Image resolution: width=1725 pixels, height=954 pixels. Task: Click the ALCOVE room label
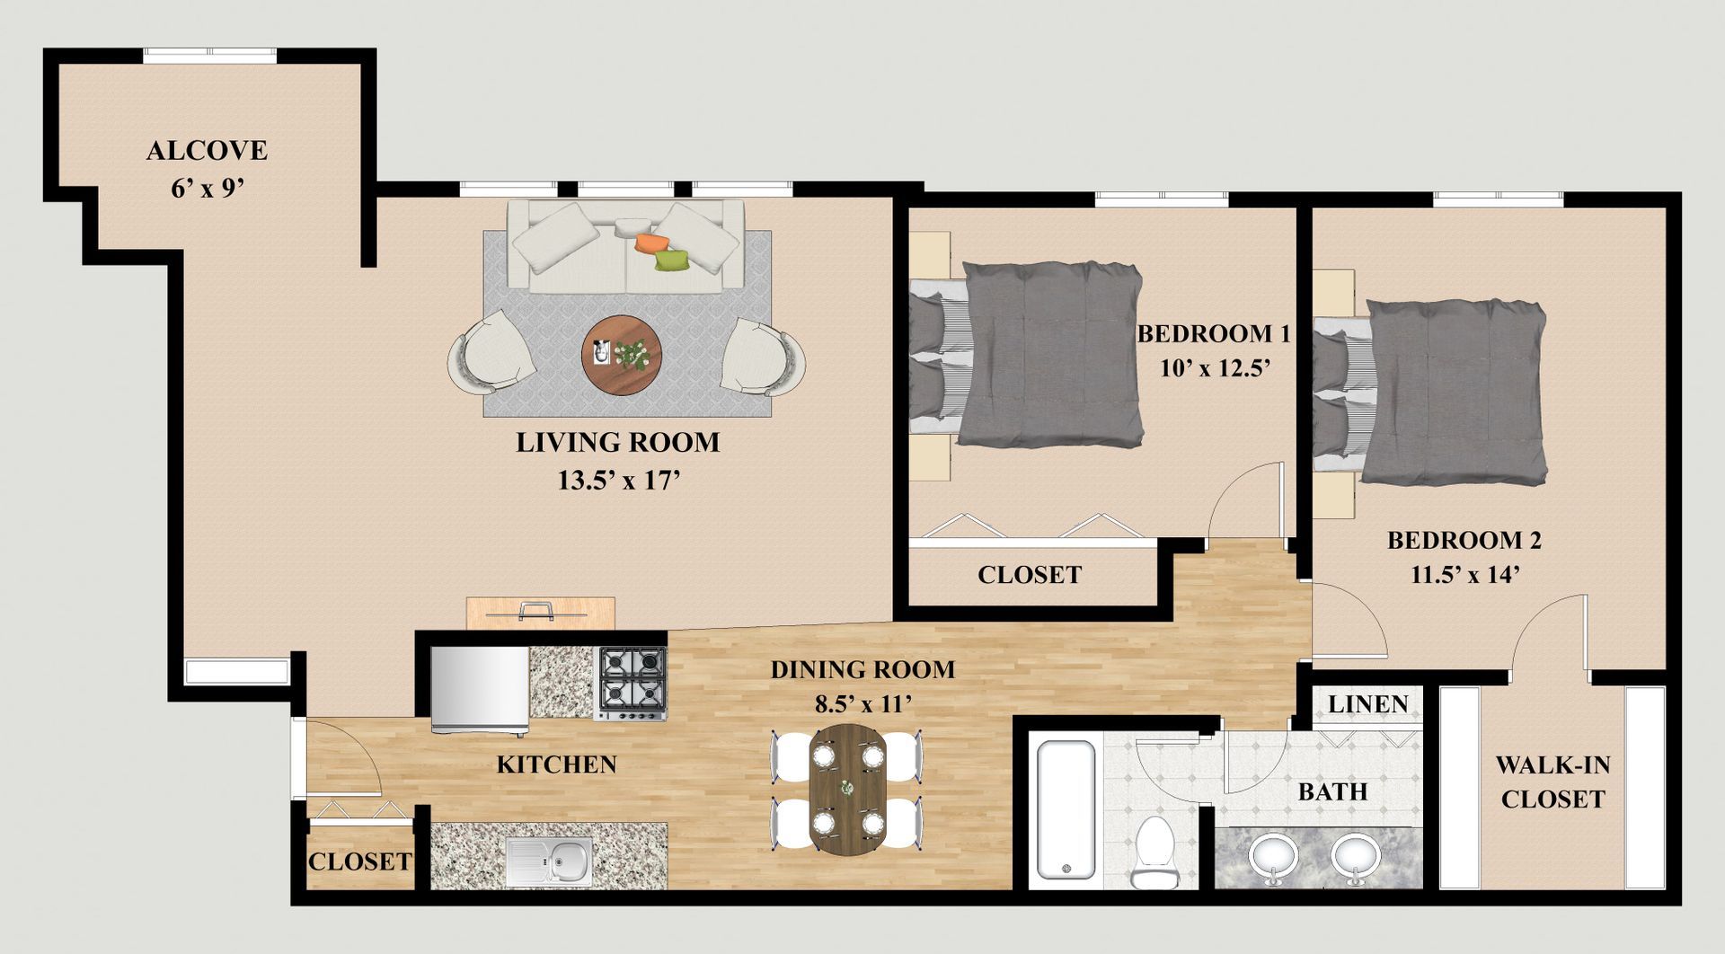(x=207, y=150)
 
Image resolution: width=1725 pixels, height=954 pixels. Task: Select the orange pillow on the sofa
(x=650, y=243)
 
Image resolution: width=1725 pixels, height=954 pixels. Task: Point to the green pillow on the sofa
(x=671, y=261)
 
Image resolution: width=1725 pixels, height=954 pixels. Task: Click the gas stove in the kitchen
(x=632, y=684)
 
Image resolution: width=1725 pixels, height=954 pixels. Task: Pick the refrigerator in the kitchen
(x=479, y=689)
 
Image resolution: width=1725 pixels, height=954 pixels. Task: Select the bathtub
(x=1066, y=811)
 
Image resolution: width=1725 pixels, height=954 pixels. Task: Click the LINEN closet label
(x=1368, y=704)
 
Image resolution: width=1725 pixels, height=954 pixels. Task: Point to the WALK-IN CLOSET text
(x=1552, y=782)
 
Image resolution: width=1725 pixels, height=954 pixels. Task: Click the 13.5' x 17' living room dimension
(x=618, y=481)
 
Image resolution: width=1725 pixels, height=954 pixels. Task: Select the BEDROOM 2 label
(x=1464, y=540)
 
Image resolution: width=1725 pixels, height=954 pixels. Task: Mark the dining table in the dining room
(x=847, y=788)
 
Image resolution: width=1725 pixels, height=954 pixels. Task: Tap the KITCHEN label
(x=557, y=764)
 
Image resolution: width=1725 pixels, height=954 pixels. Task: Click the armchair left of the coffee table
(x=491, y=352)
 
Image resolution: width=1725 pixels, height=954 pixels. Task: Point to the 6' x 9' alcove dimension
(x=208, y=190)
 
